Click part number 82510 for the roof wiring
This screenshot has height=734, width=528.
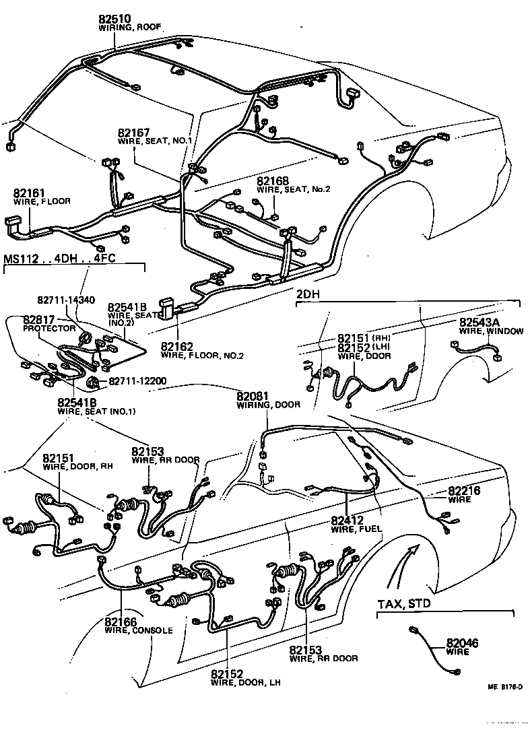point(116,18)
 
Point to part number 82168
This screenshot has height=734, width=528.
point(273,181)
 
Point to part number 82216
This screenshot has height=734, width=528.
point(464,492)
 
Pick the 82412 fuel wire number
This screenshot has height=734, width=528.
point(348,521)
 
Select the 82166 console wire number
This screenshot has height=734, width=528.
point(121,622)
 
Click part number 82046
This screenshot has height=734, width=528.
point(462,644)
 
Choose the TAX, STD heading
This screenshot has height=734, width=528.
point(403,603)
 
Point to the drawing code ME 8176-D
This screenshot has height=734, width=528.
point(505,688)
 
